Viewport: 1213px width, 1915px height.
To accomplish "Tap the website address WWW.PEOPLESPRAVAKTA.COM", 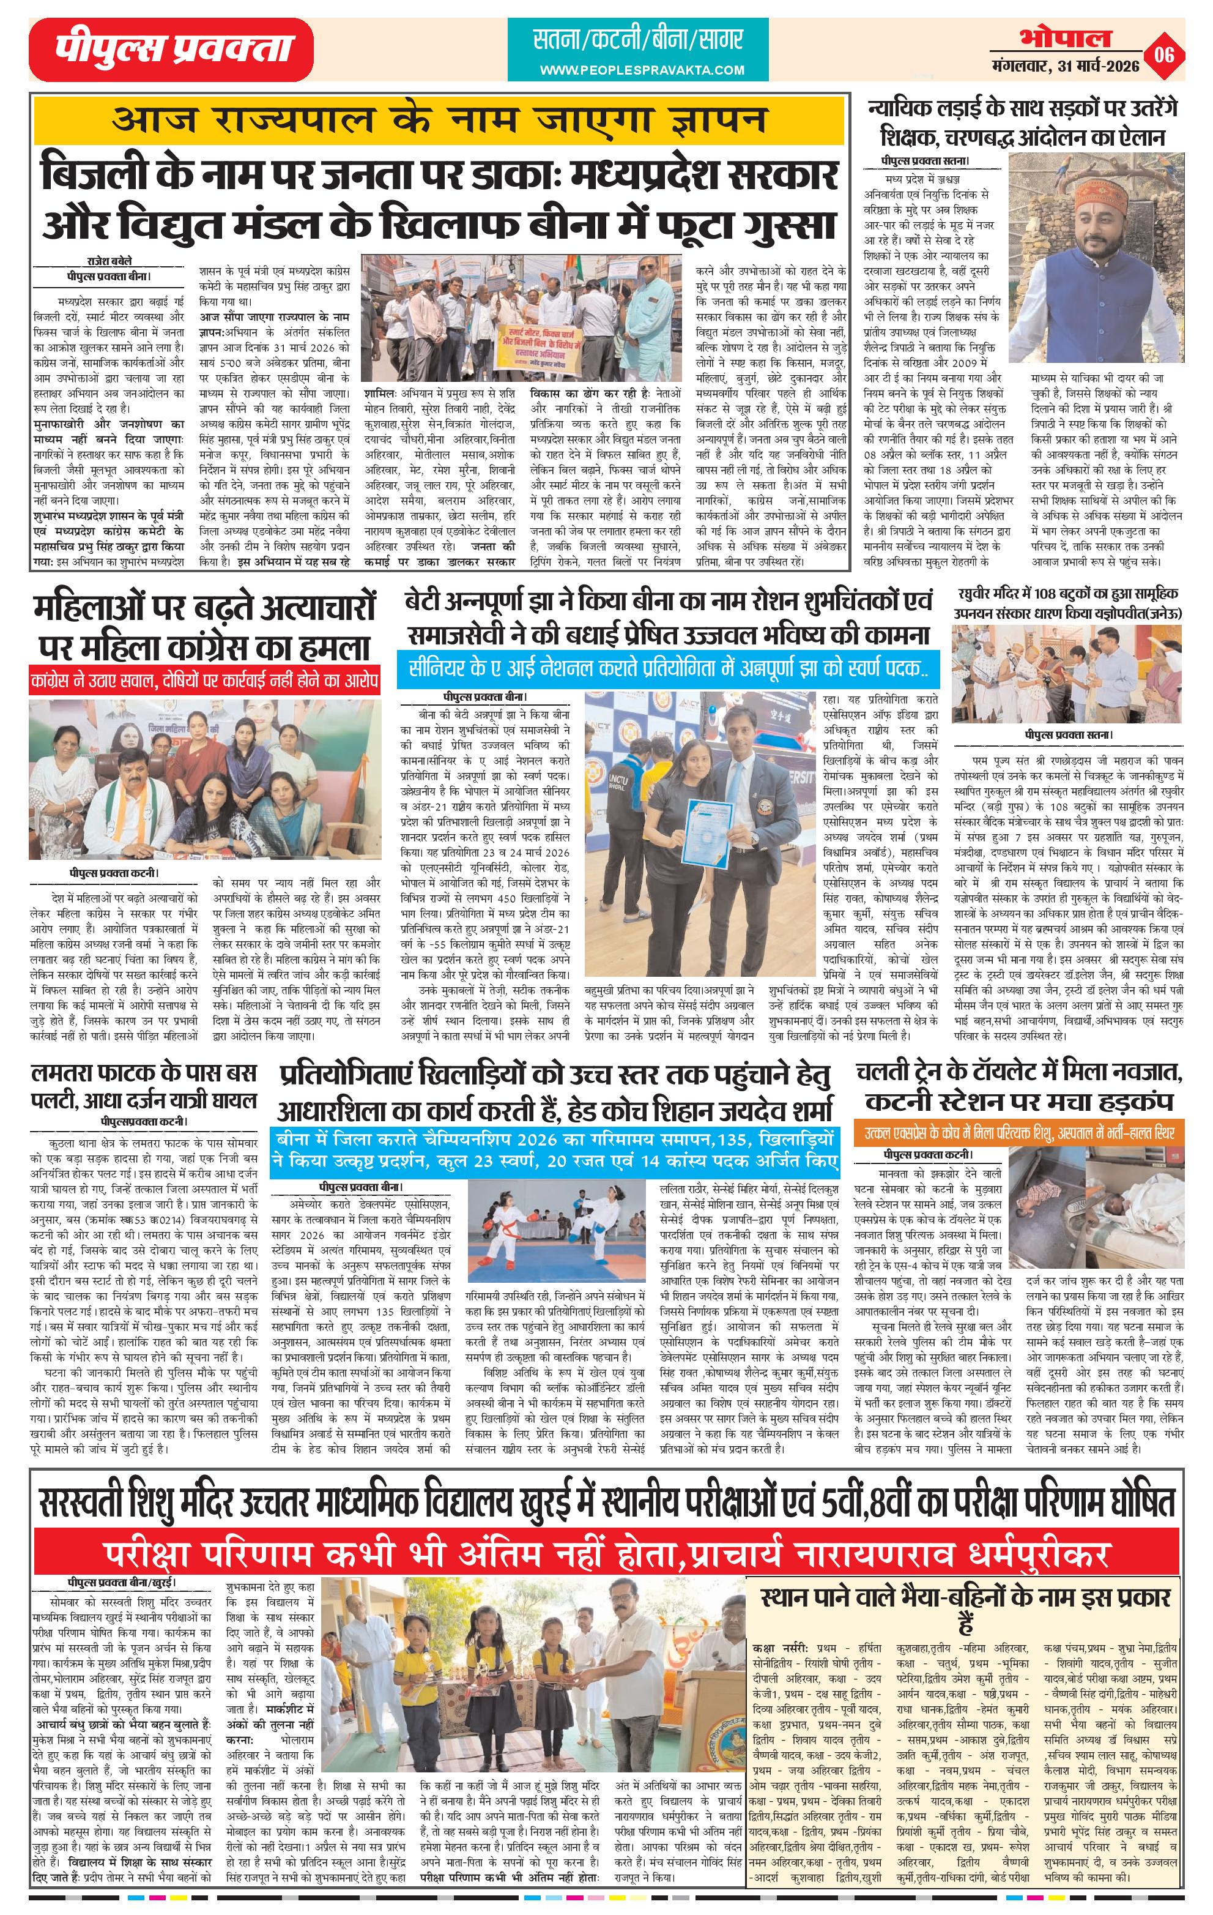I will click(x=642, y=70).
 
